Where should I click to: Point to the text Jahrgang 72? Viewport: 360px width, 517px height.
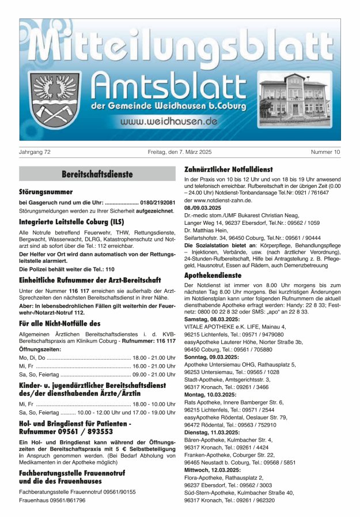(35, 152)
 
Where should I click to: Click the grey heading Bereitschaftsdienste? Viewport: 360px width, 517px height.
(97, 174)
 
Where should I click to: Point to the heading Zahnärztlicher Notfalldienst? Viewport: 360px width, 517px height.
(228, 170)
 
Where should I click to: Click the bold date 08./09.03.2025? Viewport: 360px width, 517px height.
(203, 207)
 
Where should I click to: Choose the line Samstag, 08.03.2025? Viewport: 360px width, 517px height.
(210, 319)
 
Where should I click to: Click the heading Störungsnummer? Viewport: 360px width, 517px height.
(46, 192)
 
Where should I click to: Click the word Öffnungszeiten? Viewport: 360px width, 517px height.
(40, 349)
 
